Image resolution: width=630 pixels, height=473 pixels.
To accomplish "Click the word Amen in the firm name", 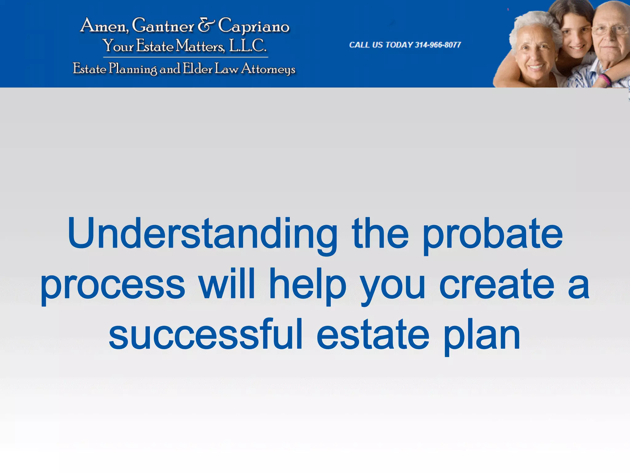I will pos(103,26).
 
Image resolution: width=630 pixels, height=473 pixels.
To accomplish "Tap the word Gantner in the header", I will pos(163,26).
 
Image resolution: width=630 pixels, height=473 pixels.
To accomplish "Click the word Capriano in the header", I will pos(254,26).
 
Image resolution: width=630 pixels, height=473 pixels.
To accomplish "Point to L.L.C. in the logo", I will pos(248,46).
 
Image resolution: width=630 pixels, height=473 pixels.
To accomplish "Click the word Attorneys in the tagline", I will pos(268,69).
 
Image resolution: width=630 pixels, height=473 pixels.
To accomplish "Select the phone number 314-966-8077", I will pos(438,45).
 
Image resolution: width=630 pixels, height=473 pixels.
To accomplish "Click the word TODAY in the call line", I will pos(399,45).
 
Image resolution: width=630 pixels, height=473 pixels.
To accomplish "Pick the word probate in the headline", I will pos(492,234).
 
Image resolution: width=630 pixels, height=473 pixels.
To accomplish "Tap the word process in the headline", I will pos(113,285).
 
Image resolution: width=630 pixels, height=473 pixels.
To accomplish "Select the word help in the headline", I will pos(308,285).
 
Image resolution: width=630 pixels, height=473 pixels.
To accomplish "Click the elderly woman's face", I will pos(535,52).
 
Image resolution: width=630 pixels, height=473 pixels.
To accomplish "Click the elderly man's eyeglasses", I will pos(611,30).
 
